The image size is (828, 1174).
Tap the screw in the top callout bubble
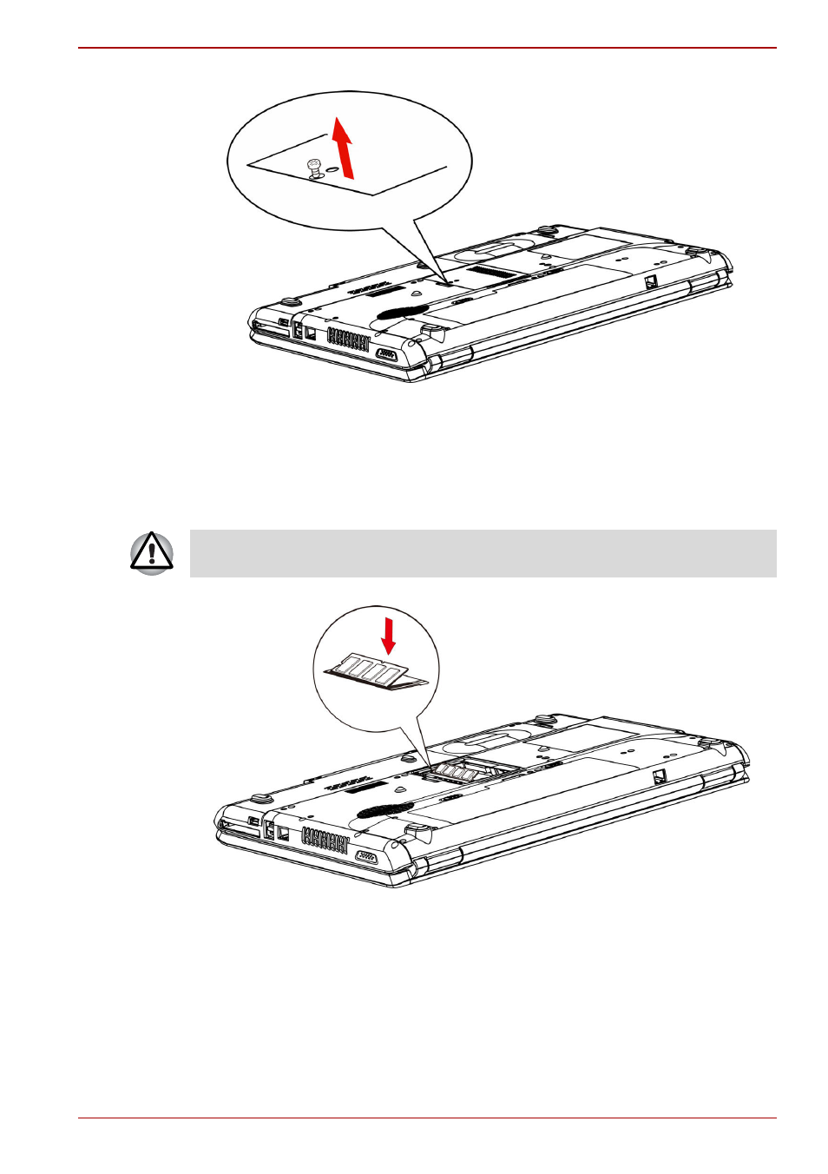[315, 167]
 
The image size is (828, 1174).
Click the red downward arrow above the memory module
[389, 635]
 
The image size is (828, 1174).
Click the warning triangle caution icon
[152, 553]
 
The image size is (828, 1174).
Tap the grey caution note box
[483, 553]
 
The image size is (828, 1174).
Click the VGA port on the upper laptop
[386, 354]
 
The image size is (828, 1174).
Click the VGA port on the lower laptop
[365, 857]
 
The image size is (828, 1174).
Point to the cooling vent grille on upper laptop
[348, 339]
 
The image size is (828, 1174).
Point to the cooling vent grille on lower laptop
[325, 840]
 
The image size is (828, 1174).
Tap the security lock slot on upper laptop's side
[650, 281]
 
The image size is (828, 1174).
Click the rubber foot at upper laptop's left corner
[290, 301]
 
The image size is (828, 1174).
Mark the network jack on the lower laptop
[281, 832]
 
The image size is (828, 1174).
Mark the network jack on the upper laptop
[309, 332]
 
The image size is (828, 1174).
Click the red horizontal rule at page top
[427, 48]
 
